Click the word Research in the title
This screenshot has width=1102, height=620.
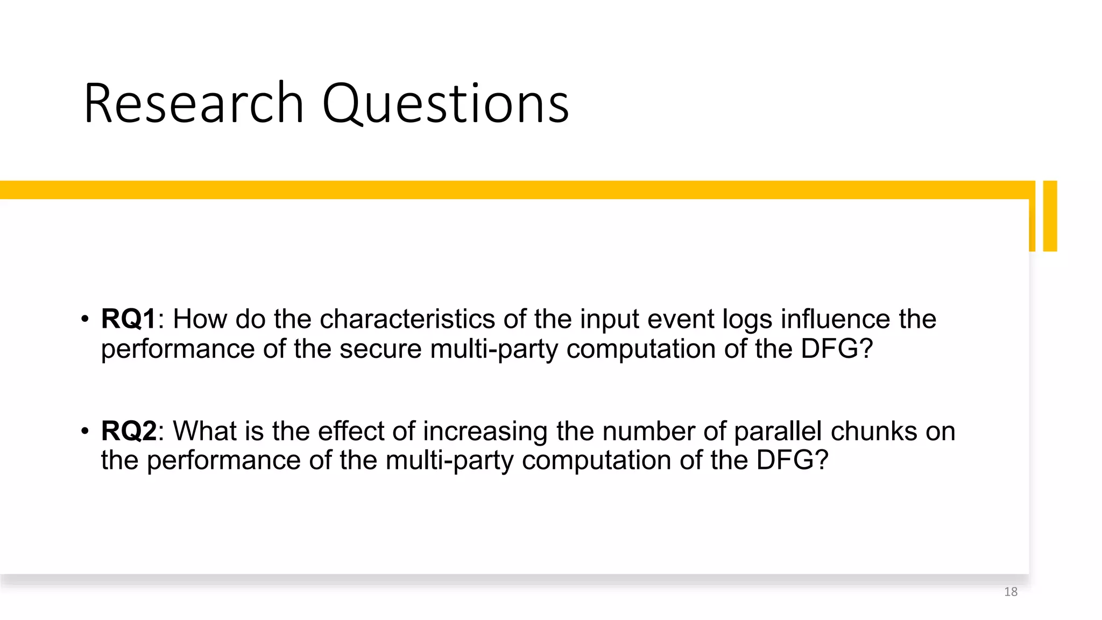coord(194,103)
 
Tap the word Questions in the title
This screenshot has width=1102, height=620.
coord(446,104)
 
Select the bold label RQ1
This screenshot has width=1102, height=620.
coord(129,319)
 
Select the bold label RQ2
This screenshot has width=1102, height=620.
coord(129,431)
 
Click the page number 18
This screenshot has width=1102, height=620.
coord(1011,592)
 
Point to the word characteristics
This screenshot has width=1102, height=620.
coord(407,319)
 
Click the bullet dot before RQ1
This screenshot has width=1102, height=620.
coord(84,319)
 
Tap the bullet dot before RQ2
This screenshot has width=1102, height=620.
coord(84,431)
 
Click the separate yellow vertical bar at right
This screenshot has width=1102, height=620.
coord(1050,216)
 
